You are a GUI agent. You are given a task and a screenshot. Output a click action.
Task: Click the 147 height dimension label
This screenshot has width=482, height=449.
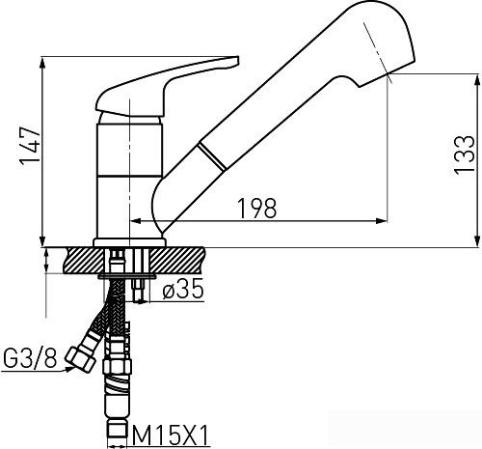[x=31, y=147]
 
